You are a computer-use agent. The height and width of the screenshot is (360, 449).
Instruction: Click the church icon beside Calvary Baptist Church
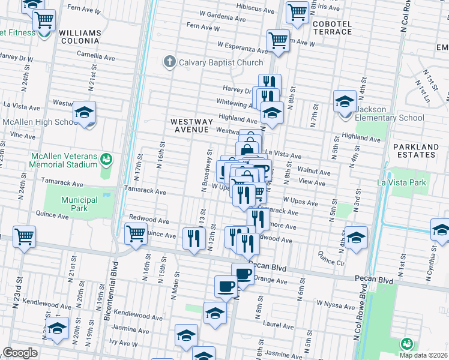point(170,62)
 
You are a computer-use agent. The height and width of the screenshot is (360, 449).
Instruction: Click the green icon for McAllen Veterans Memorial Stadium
point(106,159)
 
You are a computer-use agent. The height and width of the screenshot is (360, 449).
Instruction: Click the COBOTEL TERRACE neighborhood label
point(332,27)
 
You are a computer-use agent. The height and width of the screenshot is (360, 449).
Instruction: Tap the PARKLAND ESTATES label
point(415,151)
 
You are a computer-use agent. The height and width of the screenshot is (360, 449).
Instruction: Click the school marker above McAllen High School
point(85,113)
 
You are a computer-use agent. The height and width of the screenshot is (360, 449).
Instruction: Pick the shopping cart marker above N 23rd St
point(24,236)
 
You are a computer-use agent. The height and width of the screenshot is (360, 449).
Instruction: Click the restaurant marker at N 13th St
point(193,238)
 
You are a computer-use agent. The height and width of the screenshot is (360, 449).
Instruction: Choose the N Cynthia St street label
point(428,268)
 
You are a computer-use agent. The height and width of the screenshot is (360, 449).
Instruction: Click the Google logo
point(20,353)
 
